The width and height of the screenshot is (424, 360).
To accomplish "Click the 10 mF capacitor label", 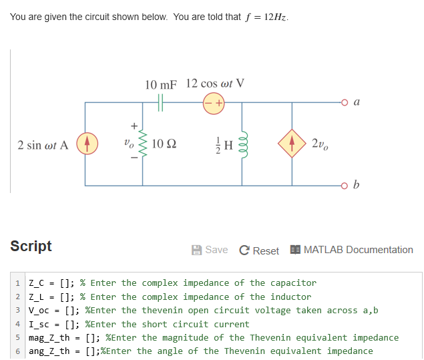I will (x=161, y=85).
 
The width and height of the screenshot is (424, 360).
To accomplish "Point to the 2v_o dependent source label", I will (x=319, y=144).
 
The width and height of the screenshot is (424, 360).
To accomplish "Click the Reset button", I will (x=260, y=250).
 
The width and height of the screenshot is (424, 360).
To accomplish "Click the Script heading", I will (x=31, y=246).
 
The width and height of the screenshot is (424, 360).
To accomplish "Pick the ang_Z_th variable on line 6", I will (x=50, y=351).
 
